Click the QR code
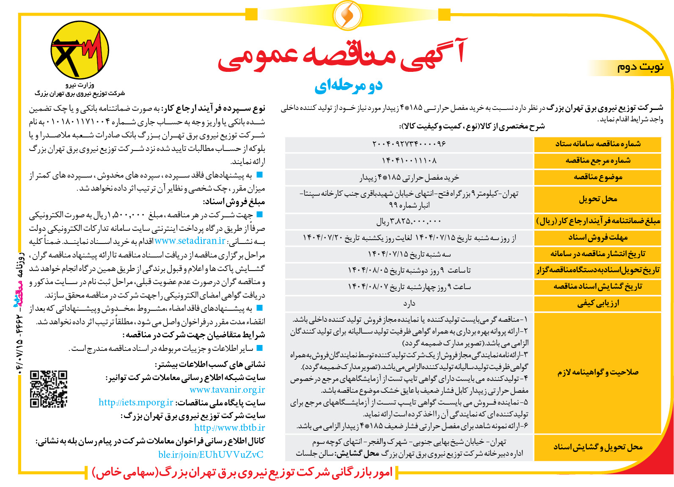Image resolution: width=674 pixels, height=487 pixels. pyautogui.click(x=49, y=389)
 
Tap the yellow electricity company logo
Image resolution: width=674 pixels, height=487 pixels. pyautogui.click(x=80, y=51)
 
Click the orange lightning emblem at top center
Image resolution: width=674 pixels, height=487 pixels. pyautogui.click(x=347, y=15)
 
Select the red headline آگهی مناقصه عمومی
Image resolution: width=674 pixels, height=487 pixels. pyautogui.click(x=342, y=55)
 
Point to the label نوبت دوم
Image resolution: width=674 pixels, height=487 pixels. pyautogui.click(x=640, y=67)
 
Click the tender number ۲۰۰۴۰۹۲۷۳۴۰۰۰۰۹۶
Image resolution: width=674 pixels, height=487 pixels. pyautogui.click(x=409, y=144)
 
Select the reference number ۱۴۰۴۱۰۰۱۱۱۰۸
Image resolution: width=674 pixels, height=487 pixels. pyautogui.click(x=409, y=161)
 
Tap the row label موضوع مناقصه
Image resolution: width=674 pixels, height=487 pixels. pyautogui.click(x=597, y=177)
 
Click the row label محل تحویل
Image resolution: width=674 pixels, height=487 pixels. pyautogui.click(x=597, y=199)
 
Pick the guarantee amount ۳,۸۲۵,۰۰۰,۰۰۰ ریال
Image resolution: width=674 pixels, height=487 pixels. pyautogui.click(x=409, y=221)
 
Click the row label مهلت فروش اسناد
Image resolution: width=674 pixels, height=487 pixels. pyautogui.click(x=597, y=238)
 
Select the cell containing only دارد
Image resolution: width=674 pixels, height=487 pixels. pyautogui.click(x=409, y=303)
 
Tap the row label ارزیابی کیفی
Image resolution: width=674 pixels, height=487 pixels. pyautogui.click(x=597, y=303)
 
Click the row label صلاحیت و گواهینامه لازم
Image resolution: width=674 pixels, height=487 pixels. pyautogui.click(x=597, y=372)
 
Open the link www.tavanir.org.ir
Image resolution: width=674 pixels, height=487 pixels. pyautogui.click(x=227, y=390)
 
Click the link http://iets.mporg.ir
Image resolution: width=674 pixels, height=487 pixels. pyautogui.click(x=136, y=402)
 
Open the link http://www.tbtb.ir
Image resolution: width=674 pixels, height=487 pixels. pyautogui.click(x=229, y=428)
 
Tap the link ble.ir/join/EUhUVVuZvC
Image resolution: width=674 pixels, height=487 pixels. pyautogui.click(x=211, y=454)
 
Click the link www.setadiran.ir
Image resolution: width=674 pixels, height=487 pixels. pyautogui.click(x=190, y=241)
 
